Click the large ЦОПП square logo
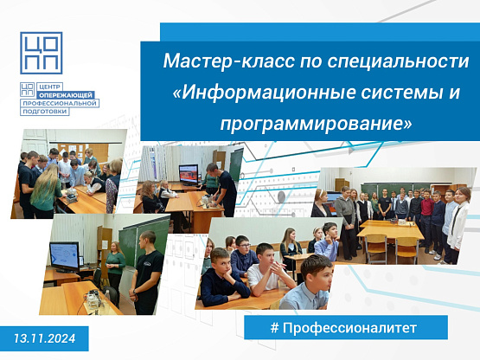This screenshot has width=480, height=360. click(x=42, y=53)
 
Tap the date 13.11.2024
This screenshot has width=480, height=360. click(x=44, y=338)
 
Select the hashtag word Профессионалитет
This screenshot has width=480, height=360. click(x=349, y=328)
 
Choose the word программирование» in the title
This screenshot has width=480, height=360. click(x=316, y=124)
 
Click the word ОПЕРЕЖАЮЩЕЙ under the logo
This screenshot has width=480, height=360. click(x=65, y=95)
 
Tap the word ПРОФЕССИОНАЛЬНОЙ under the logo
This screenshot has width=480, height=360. click(x=60, y=103)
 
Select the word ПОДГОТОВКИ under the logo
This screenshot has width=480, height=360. click(x=45, y=112)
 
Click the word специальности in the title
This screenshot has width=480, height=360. click(x=398, y=61)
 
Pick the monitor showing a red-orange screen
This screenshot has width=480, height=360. click(x=189, y=174)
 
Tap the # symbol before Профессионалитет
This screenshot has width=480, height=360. click(x=274, y=328)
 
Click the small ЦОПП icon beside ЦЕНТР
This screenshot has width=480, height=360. click(x=28, y=89)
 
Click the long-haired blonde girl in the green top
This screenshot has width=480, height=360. click(x=47, y=191)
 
